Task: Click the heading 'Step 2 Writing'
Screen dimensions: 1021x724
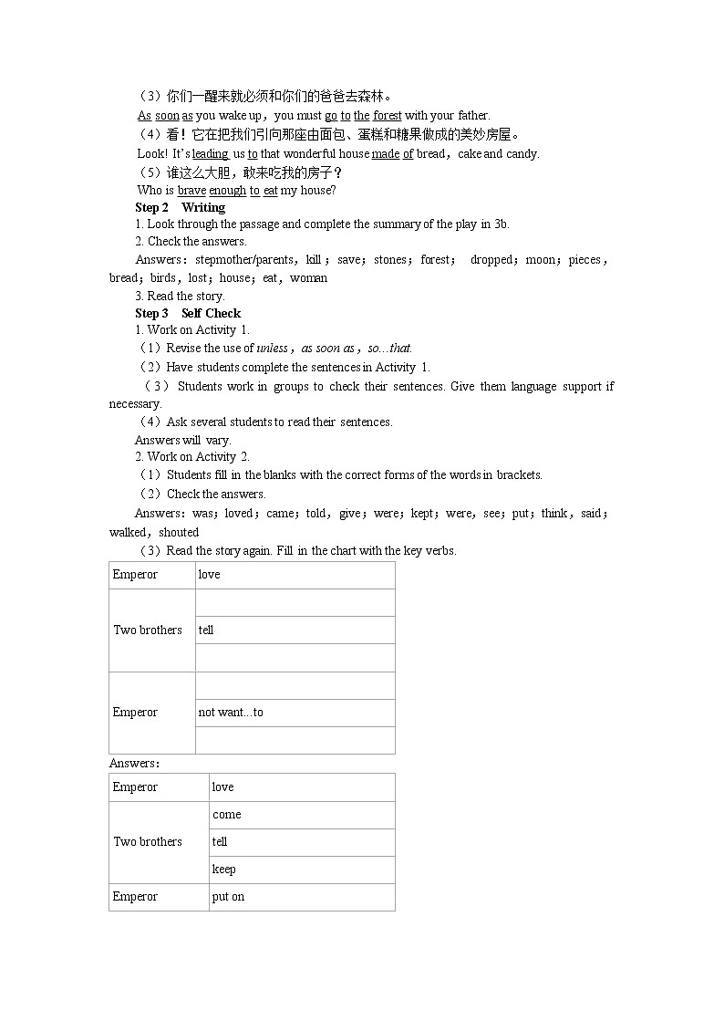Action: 180,207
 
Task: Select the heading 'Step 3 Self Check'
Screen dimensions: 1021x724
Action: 188,313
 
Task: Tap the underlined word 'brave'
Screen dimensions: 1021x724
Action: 191,190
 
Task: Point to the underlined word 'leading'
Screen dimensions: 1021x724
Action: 210,153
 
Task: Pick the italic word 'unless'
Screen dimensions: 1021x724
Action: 272,348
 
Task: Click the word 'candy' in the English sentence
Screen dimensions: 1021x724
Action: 522,153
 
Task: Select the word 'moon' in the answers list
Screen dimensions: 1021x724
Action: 540,259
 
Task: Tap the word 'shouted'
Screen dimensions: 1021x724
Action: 179,532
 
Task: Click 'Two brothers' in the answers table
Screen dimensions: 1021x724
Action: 148,841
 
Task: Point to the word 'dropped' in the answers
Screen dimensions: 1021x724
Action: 491,259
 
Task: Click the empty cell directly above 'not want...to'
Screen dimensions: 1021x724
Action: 295,685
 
